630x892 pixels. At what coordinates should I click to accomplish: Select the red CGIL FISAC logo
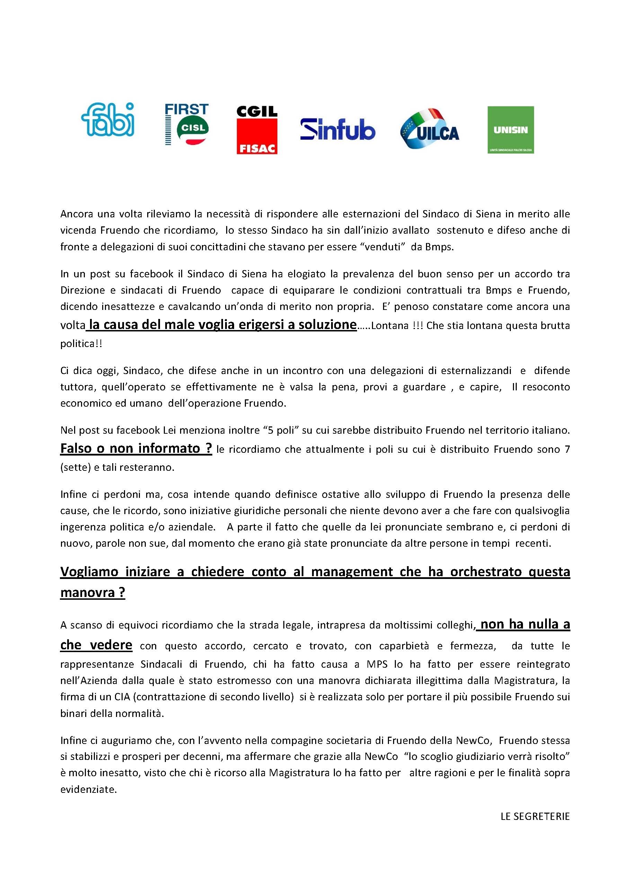(257, 130)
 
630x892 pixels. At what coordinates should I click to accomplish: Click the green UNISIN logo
(511, 130)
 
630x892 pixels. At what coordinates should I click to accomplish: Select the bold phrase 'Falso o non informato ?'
(136, 448)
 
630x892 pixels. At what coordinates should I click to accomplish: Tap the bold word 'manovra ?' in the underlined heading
(92, 592)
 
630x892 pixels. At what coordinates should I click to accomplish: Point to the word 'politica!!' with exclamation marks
(81, 344)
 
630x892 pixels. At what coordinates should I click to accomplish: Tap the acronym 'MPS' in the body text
(377, 664)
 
